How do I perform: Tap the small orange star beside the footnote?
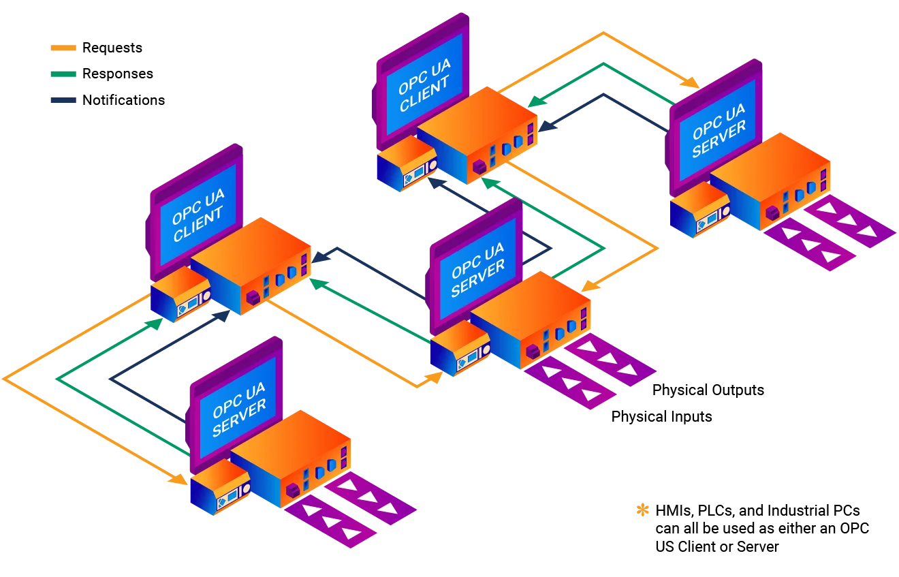(x=641, y=510)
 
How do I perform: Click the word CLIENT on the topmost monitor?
(x=426, y=99)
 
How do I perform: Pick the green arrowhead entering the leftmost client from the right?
(x=315, y=280)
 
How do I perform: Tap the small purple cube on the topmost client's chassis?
(x=479, y=165)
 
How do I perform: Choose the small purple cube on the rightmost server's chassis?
(x=772, y=213)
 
